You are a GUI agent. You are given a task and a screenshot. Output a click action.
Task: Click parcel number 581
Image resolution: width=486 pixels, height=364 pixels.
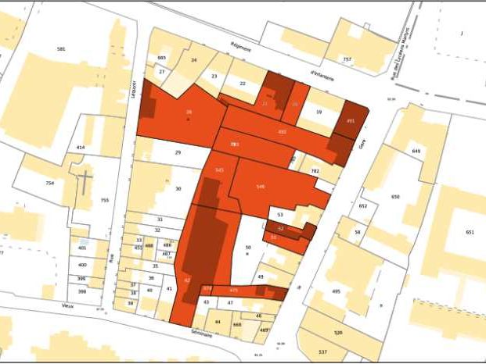[x=61, y=49]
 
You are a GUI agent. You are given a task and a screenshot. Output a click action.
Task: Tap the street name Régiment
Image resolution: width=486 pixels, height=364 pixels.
[x=240, y=48]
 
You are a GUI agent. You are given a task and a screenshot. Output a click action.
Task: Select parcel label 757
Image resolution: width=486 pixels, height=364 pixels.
[x=347, y=59]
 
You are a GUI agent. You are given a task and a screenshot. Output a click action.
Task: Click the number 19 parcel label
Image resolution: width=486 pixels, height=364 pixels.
[x=319, y=112]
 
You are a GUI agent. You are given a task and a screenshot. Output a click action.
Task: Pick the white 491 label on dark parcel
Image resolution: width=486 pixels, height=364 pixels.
[x=351, y=121]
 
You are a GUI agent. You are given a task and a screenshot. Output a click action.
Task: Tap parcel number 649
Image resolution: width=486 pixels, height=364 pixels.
[x=416, y=151]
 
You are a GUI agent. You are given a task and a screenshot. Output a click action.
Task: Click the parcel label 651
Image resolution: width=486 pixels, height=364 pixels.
[x=470, y=232]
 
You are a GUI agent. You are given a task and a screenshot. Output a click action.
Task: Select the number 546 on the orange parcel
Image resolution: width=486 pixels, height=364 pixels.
[x=260, y=186]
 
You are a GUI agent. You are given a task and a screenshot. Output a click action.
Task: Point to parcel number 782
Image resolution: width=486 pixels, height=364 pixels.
[x=315, y=170]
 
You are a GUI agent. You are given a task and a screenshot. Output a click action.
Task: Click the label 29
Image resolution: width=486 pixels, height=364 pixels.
[x=178, y=152]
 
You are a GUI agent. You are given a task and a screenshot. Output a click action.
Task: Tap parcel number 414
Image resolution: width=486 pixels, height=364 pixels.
[x=80, y=147]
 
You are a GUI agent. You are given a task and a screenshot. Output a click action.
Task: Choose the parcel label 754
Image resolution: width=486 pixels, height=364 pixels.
[x=50, y=183]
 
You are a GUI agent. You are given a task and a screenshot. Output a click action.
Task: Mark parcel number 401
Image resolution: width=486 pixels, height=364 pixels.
[x=82, y=248]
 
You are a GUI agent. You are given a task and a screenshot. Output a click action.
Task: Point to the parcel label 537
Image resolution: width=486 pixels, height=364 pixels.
[x=322, y=352]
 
